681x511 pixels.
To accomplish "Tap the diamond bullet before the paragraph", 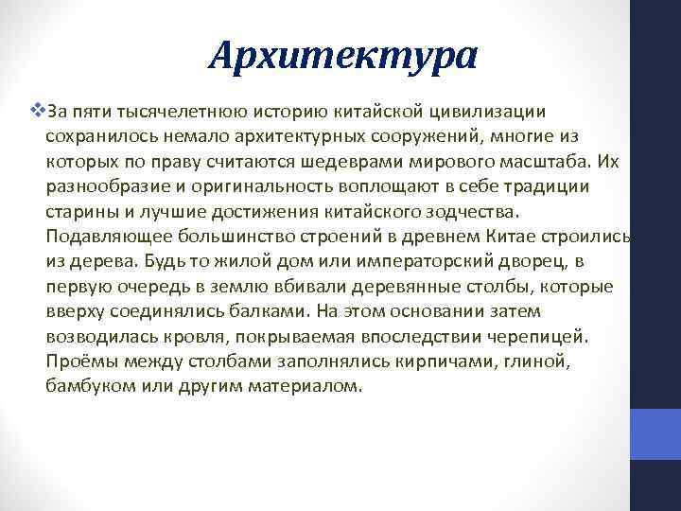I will coord(37,112).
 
